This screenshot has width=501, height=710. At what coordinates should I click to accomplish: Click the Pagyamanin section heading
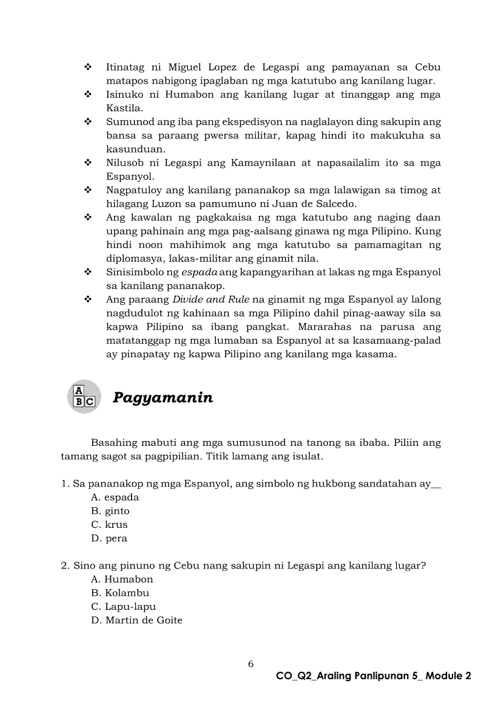pos(163,398)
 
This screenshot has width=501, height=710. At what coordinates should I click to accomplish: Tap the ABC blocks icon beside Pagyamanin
pos(84,396)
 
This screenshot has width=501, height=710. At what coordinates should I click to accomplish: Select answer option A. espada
pos(115,497)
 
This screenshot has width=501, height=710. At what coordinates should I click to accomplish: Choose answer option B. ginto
pos(110,511)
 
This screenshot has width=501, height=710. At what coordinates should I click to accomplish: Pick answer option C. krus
pos(110,525)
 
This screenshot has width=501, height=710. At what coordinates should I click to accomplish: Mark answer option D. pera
pos(109,538)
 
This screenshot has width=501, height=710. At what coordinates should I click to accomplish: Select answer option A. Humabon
pos(122,579)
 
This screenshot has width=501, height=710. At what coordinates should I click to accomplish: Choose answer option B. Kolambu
pos(120,593)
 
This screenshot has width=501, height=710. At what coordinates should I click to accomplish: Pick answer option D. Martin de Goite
pos(136,620)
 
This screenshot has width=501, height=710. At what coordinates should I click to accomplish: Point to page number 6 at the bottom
pos(250,664)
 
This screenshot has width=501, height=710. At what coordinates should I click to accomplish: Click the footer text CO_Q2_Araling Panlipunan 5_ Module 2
pos(373,676)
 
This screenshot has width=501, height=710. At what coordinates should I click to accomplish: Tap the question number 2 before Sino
pos(64,566)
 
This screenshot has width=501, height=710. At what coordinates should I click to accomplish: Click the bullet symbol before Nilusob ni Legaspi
pos(88,163)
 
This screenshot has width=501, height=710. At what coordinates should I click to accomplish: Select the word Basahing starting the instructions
pos(115,442)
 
